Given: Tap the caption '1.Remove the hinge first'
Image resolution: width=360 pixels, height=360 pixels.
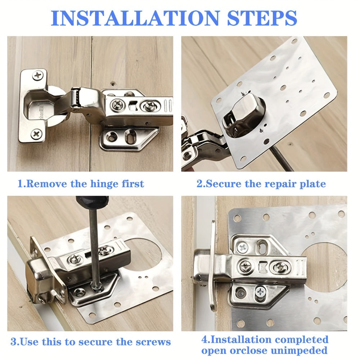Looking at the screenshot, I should coord(81,184).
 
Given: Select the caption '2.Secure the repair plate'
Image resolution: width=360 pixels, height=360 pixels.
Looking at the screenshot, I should coord(261,184).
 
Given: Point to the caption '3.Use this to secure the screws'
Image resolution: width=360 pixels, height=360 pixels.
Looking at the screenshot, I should coord(90,342).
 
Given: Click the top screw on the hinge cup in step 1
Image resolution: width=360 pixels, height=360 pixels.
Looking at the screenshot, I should coord(37,75).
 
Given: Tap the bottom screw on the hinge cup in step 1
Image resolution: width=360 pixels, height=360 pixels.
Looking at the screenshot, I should coord(36,134).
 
